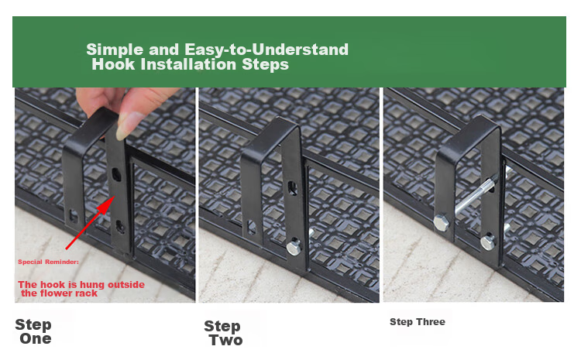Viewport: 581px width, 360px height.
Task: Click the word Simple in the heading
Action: [x=115, y=50]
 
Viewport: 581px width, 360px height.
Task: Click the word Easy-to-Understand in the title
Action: [x=266, y=50]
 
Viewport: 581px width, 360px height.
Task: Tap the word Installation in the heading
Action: [x=188, y=64]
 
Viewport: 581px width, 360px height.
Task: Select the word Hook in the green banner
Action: [x=113, y=64]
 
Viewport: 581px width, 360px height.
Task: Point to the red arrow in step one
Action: [x=89, y=223]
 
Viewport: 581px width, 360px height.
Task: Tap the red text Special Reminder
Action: [x=48, y=262]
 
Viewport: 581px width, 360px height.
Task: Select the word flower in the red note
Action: [x=57, y=293]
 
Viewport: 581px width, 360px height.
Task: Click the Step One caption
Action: [x=33, y=331]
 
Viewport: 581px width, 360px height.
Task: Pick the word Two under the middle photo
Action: [x=225, y=340]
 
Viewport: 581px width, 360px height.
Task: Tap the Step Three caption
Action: [x=418, y=322]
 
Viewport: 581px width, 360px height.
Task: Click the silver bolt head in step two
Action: [x=294, y=247]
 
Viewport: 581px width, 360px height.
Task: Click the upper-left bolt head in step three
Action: [x=441, y=223]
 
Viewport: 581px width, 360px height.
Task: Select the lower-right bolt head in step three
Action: [x=488, y=242]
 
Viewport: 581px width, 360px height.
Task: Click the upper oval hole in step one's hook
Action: [x=116, y=174]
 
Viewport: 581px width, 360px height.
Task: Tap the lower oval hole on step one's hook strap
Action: [x=120, y=226]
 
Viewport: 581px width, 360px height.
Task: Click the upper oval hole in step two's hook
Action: [x=292, y=188]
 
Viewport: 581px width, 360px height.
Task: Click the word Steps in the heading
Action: [x=265, y=64]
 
